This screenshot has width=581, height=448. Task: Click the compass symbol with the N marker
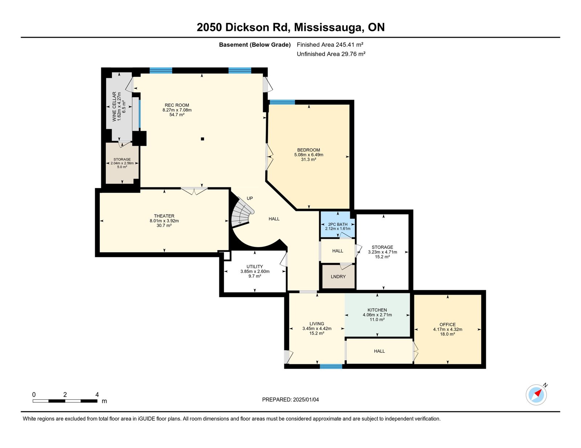(536, 395)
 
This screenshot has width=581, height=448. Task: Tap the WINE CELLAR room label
(114, 107)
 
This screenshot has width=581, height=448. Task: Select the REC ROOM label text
(177, 105)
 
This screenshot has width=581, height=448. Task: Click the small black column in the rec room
(202, 139)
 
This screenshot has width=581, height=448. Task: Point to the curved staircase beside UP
(242, 213)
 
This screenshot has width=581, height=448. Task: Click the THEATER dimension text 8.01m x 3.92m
(164, 221)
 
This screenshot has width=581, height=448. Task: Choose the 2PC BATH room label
(338, 224)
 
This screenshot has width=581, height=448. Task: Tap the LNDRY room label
(338, 277)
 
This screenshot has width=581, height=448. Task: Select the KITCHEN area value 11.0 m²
(377, 319)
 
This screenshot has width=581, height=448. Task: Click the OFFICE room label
(448, 324)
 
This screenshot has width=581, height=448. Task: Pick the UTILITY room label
(255, 266)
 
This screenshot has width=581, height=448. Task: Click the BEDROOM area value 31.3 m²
(309, 159)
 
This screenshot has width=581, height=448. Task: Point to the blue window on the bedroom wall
(282, 102)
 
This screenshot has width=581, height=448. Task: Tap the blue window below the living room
(331, 366)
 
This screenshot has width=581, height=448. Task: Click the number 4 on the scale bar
(97, 394)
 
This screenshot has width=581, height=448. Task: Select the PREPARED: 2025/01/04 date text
(290, 399)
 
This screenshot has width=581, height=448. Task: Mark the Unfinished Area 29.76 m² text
(331, 54)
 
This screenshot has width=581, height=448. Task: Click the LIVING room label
(317, 324)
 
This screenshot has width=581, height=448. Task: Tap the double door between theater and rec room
(194, 191)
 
